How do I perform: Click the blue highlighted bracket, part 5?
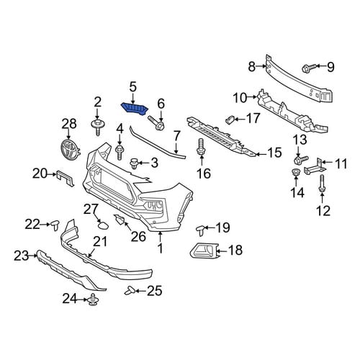[x=135, y=109]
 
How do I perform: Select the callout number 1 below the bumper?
[x=160, y=248]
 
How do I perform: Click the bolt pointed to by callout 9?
[x=309, y=68]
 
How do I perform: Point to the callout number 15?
[x=274, y=153]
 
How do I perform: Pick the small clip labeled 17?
[x=230, y=120]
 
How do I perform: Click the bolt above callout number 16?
[x=201, y=147]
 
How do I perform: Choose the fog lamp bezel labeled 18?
[x=204, y=251]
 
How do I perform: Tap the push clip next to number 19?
[x=200, y=230]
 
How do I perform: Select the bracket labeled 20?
[x=65, y=178]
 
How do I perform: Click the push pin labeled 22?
[x=55, y=225]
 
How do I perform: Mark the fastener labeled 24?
[x=93, y=300]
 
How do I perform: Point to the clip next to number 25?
[x=130, y=291]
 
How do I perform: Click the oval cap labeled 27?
[x=104, y=225]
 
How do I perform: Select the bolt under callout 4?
[x=120, y=152]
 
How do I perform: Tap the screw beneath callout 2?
[x=97, y=127]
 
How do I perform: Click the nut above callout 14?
[x=295, y=172]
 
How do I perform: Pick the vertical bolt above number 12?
[x=322, y=184]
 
